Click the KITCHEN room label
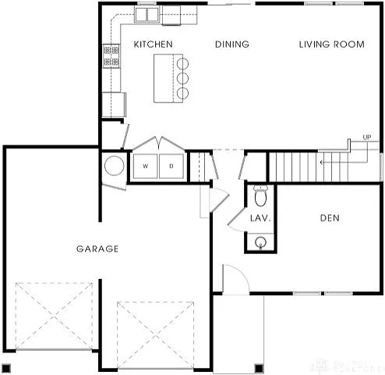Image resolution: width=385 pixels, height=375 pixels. (x=153, y=45)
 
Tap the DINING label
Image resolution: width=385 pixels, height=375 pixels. (x=231, y=45)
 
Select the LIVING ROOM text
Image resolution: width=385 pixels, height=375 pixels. (x=331, y=45)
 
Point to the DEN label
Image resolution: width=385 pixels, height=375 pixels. (x=330, y=218)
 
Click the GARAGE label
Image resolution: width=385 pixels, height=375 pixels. (x=97, y=249)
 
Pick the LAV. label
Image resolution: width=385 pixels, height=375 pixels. (x=260, y=219)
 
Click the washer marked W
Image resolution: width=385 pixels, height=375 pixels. (x=146, y=166)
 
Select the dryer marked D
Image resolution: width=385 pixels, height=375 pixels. (x=171, y=166)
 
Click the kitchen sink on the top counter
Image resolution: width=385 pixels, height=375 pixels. (x=146, y=14)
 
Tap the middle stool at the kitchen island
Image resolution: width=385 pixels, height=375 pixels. (x=182, y=78)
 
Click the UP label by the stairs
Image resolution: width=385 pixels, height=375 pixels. (x=366, y=138)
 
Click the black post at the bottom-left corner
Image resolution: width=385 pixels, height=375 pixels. (x=6, y=368)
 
